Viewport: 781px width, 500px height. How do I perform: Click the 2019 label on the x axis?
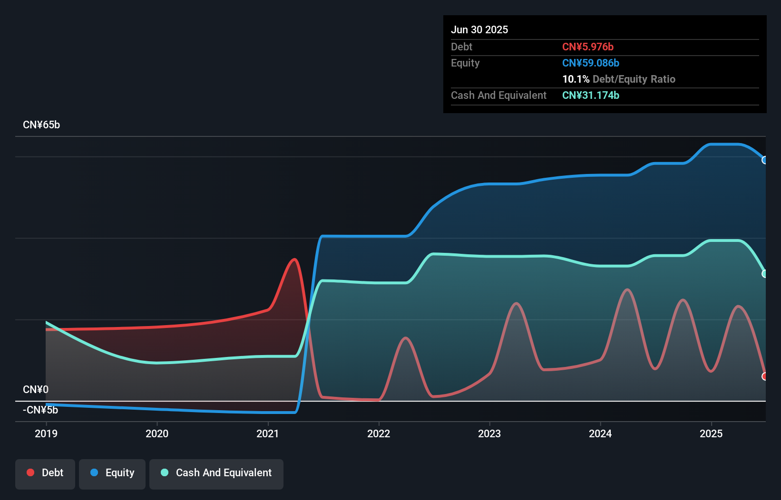click(46, 433)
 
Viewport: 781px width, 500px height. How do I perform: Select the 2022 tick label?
click(379, 433)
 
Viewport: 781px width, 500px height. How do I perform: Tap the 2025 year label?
click(711, 433)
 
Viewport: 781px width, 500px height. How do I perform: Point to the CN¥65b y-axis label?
click(41, 125)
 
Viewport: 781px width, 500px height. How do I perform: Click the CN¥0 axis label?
click(36, 390)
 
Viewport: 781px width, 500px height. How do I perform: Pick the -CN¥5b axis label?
click(40, 410)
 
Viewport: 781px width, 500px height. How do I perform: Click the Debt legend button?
click(45, 473)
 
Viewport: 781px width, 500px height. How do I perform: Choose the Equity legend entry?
click(112, 473)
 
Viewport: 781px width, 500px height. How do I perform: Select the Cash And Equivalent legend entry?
click(216, 473)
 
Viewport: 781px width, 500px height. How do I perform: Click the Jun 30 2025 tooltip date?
click(479, 29)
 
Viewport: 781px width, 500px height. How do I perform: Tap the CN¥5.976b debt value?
click(588, 47)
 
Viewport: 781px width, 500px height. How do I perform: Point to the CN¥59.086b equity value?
click(591, 63)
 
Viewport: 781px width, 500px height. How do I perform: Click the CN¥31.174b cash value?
click(591, 95)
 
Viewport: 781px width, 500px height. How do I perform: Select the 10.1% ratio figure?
click(576, 79)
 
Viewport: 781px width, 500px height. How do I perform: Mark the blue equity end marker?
click(765, 160)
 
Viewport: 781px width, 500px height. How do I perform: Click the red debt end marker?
click(765, 376)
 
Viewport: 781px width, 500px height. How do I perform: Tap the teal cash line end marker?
click(765, 274)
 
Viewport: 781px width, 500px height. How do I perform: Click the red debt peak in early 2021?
click(295, 260)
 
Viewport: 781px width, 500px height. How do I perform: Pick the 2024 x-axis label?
click(600, 433)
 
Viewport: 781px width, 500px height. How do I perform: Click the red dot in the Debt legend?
click(30, 472)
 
